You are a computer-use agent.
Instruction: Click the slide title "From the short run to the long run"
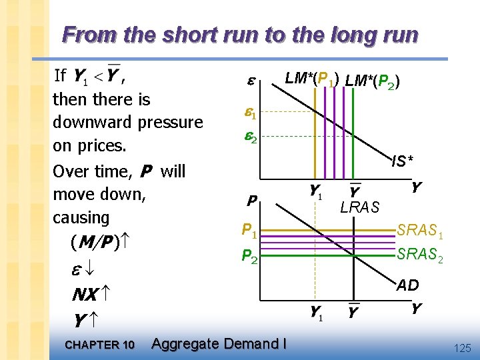coord(240,34)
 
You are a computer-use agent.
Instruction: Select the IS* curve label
coord(402,161)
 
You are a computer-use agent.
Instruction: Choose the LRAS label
coord(359,208)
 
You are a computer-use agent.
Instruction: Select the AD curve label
coord(407,285)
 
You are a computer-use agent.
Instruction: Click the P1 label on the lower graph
coord(249,231)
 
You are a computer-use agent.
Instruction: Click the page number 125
coord(461,347)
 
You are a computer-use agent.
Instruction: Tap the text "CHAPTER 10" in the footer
coord(100,345)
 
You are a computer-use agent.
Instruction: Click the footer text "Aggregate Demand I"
coord(219,344)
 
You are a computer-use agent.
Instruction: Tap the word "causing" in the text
coord(81,218)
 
